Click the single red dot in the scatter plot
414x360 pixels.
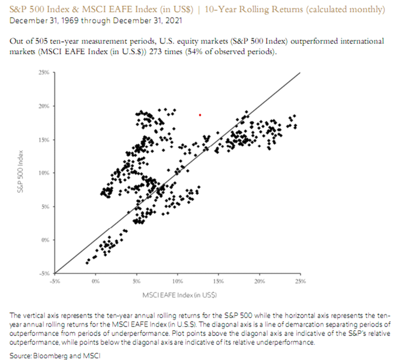point(200,115)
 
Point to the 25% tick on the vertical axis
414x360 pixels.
point(44,73)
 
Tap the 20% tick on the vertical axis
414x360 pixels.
point(44,107)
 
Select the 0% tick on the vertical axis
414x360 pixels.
point(45,240)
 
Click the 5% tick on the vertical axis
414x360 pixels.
point(45,206)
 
